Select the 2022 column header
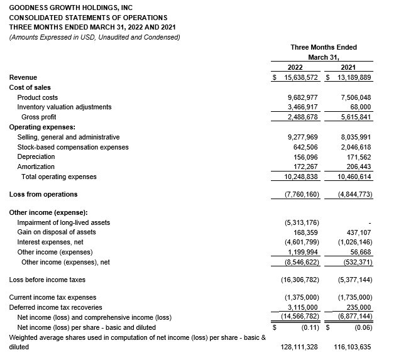click(x=295, y=67)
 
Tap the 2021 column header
click(x=348, y=67)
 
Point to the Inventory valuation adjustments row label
click(x=64, y=107)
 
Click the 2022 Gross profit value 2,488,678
click(x=302, y=117)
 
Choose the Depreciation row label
click(x=36, y=157)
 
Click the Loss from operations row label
click(x=43, y=194)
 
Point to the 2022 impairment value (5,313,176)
click(x=302, y=222)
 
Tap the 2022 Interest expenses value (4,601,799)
click(x=302, y=242)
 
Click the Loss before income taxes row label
click(x=47, y=280)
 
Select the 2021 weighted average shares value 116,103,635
click(x=350, y=347)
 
